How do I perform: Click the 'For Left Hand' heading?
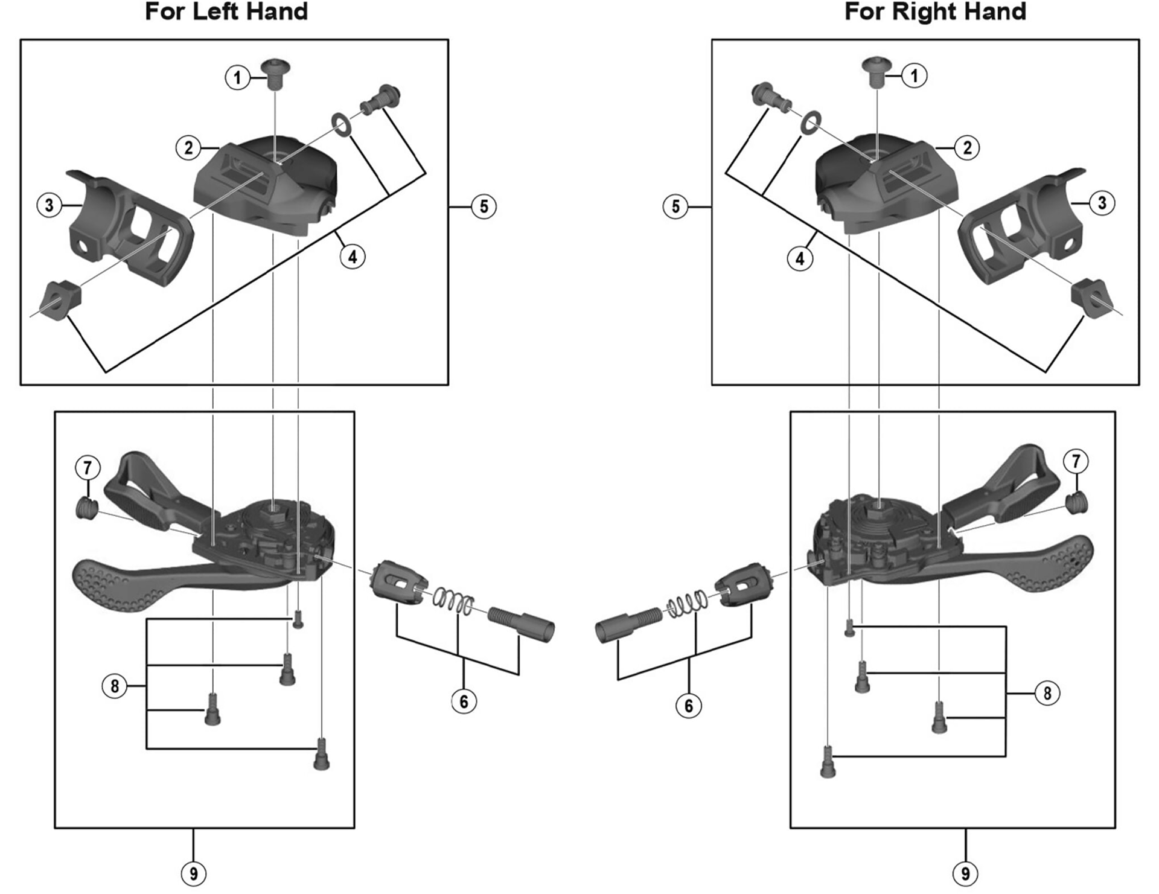(x=226, y=12)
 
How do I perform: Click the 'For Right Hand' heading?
(x=935, y=12)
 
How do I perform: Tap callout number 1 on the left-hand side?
(x=237, y=77)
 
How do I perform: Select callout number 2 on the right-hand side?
(x=967, y=147)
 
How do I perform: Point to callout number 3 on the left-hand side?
(x=49, y=205)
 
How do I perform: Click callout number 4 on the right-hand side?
(x=800, y=259)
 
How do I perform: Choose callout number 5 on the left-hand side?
(x=484, y=206)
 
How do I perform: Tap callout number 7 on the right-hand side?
(x=1076, y=462)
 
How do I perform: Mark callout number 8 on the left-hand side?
(x=115, y=686)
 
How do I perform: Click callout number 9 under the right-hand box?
(x=965, y=873)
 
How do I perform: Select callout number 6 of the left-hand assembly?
(x=464, y=701)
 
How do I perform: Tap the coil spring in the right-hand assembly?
(x=687, y=604)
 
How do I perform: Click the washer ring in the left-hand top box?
(x=342, y=123)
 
